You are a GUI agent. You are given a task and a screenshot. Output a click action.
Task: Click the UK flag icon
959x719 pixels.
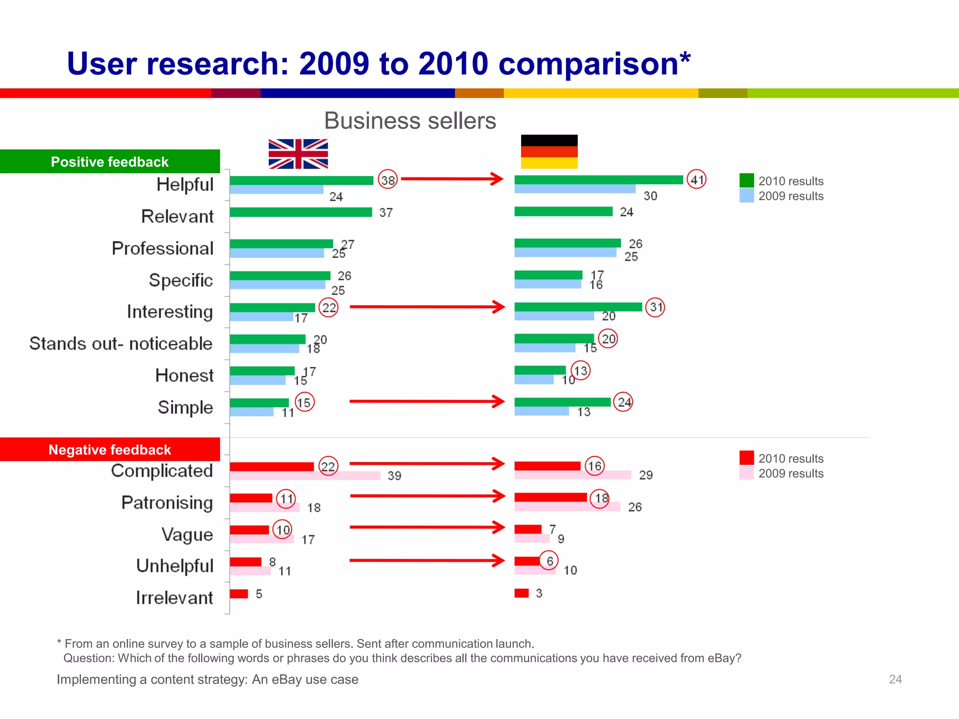[298, 154]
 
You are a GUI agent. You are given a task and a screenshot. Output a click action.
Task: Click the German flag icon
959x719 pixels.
[549, 152]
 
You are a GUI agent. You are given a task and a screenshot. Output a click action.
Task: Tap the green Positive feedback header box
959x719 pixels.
[110, 161]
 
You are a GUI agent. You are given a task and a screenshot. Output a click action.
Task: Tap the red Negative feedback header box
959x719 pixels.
[110, 449]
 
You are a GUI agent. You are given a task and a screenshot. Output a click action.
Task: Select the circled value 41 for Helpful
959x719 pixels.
[696, 179]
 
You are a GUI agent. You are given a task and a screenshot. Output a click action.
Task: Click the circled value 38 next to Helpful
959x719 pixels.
[388, 180]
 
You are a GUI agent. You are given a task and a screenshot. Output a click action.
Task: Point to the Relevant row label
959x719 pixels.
[177, 216]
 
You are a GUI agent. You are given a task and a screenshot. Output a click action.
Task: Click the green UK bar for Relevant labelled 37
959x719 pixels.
[301, 213]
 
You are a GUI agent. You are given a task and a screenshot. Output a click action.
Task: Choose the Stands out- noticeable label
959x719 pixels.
[121, 343]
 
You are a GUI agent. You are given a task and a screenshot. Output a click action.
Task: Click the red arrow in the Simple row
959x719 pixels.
[427, 401]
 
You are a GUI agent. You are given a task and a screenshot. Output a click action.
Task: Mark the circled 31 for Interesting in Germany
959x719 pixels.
[655, 307]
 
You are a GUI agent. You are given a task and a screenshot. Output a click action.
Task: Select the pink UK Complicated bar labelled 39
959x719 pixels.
[305, 476]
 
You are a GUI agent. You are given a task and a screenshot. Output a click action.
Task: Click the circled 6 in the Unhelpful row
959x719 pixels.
[549, 561]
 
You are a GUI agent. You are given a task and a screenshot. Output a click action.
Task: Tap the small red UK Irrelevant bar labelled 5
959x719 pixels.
[239, 594]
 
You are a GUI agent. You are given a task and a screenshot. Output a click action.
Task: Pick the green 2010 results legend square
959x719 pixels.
[746, 181]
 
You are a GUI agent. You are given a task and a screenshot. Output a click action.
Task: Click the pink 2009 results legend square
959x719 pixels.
[746, 473]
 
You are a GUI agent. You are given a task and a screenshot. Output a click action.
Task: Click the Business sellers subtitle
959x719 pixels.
[410, 121]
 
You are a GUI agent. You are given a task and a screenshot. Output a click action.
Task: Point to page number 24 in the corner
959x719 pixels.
[895, 679]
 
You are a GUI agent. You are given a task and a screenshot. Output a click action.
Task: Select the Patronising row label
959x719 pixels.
[167, 502]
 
